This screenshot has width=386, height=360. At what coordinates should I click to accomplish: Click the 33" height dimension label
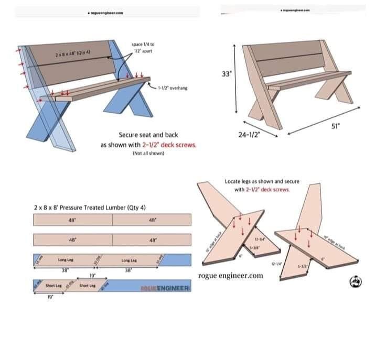tap(227, 74)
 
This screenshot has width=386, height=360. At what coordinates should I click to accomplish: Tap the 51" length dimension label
tap(336, 125)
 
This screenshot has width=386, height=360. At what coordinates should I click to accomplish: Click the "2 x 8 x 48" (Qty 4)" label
tap(72, 53)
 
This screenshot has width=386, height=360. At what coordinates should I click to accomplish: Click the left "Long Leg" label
tap(65, 260)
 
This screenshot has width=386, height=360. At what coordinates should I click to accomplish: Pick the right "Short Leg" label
tap(87, 286)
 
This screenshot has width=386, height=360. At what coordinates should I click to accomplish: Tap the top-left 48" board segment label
tap(72, 220)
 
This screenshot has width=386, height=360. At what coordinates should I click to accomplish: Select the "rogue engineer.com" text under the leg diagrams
tap(230, 276)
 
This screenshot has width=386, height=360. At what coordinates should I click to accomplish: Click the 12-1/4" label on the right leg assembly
tap(274, 264)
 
